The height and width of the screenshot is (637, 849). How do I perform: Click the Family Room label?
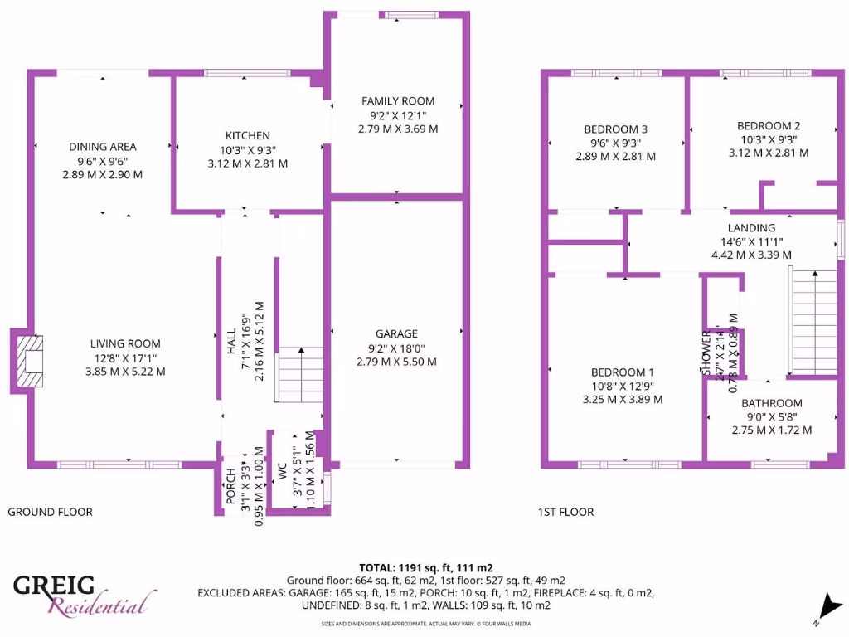pyautogui.click(x=398, y=101)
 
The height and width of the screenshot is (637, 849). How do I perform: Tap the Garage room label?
pyautogui.click(x=396, y=334)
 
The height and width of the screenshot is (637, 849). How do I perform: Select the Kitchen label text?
pyautogui.click(x=248, y=136)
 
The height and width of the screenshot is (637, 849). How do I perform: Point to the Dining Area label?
pyautogui.click(x=103, y=147)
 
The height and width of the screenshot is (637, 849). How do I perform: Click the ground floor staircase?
pyautogui.click(x=298, y=374)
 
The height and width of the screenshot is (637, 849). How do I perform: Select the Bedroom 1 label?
pyautogui.click(x=623, y=372)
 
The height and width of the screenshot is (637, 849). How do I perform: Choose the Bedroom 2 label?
pyautogui.click(x=769, y=126)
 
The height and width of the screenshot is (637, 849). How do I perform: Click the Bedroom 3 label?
pyautogui.click(x=616, y=129)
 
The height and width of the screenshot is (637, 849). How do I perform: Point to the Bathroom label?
pyautogui.click(x=772, y=404)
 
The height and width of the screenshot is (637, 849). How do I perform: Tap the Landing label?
pyautogui.click(x=752, y=228)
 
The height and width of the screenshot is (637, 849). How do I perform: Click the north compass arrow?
pyautogui.click(x=825, y=606)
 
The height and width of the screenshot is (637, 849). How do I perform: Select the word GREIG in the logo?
pyautogui.click(x=54, y=586)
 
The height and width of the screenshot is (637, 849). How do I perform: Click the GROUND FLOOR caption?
pyautogui.click(x=50, y=512)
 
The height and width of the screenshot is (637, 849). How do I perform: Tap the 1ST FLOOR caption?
pyautogui.click(x=566, y=512)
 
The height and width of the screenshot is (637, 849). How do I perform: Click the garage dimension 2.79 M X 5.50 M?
pyautogui.click(x=396, y=362)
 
